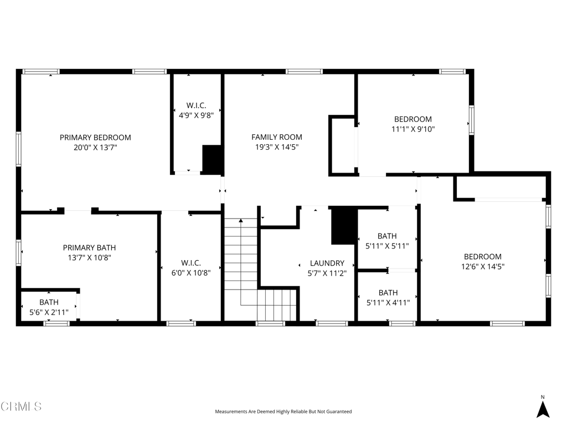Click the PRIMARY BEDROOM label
(x=95, y=138)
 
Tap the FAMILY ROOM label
(x=277, y=137)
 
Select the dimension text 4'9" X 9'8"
(x=196, y=115)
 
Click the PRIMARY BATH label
(x=89, y=248)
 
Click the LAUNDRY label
(x=327, y=263)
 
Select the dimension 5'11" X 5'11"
(x=388, y=246)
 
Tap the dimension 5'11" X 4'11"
(x=388, y=303)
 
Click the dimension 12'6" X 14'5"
(x=483, y=267)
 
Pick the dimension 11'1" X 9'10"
(x=413, y=129)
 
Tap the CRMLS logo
(x=21, y=407)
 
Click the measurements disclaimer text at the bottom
(x=283, y=412)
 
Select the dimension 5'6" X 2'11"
(x=49, y=312)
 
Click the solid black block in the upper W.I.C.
(x=212, y=159)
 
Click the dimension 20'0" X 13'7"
(x=95, y=148)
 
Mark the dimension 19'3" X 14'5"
(x=277, y=147)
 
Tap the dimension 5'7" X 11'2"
(x=327, y=273)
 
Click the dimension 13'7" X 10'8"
(x=89, y=258)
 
